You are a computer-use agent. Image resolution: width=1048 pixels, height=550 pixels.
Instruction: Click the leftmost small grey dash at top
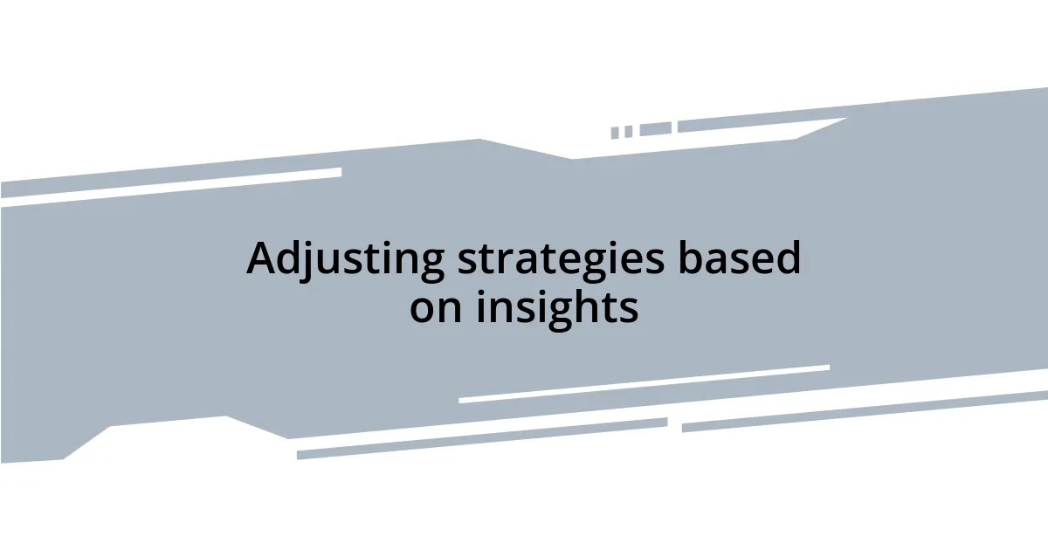click(x=615, y=133)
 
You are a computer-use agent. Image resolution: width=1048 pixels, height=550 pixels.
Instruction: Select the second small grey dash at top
click(x=628, y=131)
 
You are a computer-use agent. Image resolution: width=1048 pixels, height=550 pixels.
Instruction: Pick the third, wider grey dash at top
click(x=655, y=129)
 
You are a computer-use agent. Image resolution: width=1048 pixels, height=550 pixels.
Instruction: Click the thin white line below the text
click(x=644, y=384)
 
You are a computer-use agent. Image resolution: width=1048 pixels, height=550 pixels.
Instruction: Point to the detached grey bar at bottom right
click(x=865, y=410)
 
